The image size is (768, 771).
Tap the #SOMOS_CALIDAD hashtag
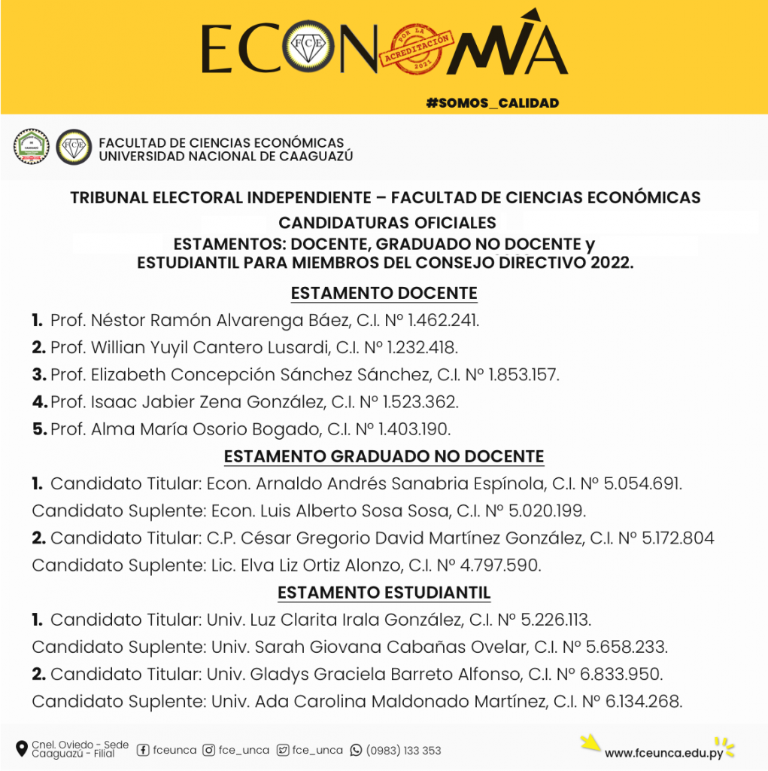point(493,102)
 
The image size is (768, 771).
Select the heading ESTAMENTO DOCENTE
point(384,293)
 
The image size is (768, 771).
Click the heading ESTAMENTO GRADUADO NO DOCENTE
point(384,456)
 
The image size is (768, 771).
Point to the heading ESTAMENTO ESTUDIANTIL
point(384,593)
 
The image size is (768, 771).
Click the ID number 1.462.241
point(443,321)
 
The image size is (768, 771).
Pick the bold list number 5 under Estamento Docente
point(40,429)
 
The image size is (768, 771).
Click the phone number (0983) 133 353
point(404,751)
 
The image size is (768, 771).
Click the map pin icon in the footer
point(21,749)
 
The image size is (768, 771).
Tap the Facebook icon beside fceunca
point(143,750)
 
